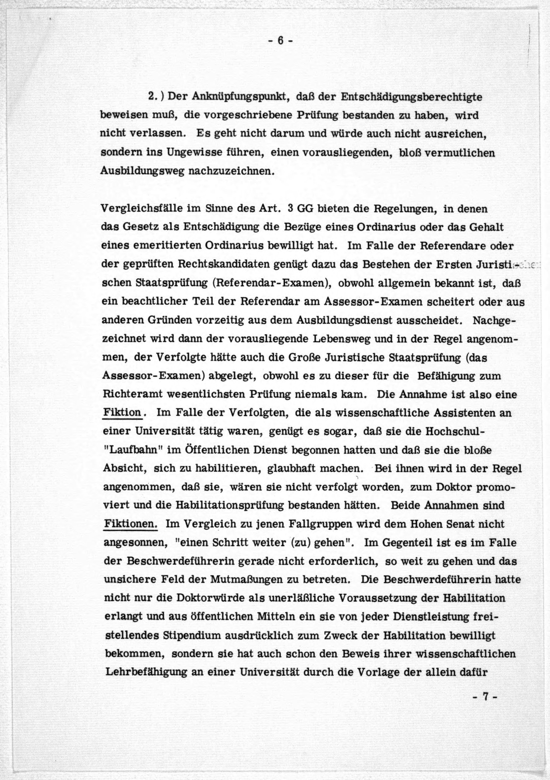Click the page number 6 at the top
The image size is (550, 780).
coord(280,41)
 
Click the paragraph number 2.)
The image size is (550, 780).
coord(156,97)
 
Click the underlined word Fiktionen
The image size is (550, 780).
coord(131,524)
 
